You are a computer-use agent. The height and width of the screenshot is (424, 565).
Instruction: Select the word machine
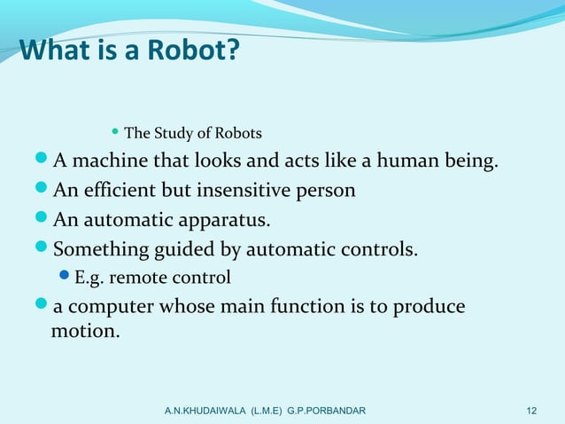(112, 162)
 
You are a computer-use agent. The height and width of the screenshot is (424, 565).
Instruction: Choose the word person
(328, 191)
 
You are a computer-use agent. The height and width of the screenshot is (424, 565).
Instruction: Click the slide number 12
(531, 411)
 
